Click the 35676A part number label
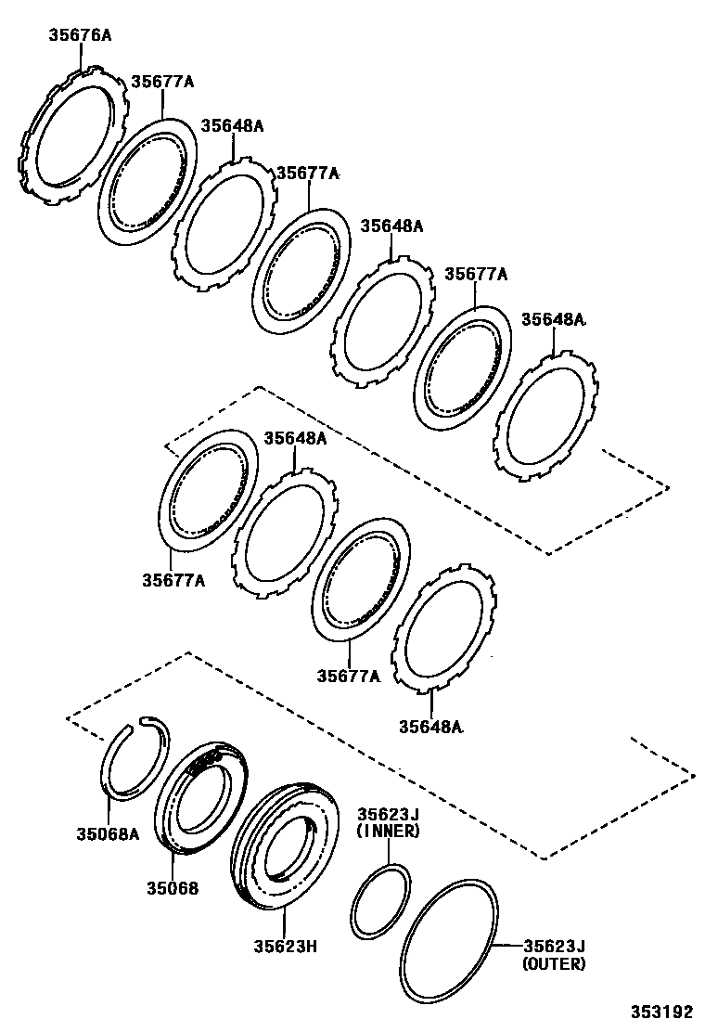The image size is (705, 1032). [80, 36]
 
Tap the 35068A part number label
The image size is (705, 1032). [108, 832]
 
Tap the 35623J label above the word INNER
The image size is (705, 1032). [389, 814]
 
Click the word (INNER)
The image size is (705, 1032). [389, 831]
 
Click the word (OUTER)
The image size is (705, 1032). [554, 964]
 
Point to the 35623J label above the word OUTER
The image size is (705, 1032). [554, 946]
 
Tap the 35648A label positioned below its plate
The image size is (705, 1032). [430, 726]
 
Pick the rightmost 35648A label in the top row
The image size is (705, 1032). [553, 318]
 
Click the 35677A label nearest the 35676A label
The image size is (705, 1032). [162, 82]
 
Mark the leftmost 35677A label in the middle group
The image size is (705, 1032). [173, 580]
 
